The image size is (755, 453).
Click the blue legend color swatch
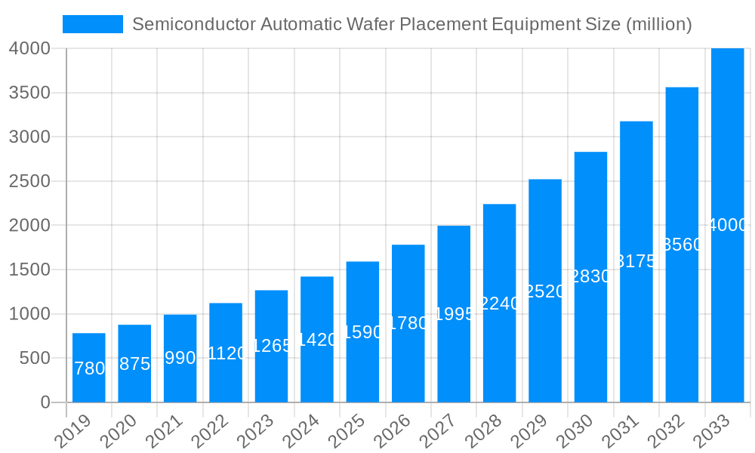click(92, 24)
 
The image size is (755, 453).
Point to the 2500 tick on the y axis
click(30, 181)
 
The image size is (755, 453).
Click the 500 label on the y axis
click(35, 358)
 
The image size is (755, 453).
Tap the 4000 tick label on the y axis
click(30, 48)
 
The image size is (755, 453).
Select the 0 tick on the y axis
click(45, 402)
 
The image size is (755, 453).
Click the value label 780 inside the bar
click(89, 368)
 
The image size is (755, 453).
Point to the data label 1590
click(363, 332)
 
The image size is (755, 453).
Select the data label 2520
click(545, 291)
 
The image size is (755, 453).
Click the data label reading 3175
click(636, 262)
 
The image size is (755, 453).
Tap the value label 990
click(180, 358)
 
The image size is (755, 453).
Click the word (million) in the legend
click(659, 24)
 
